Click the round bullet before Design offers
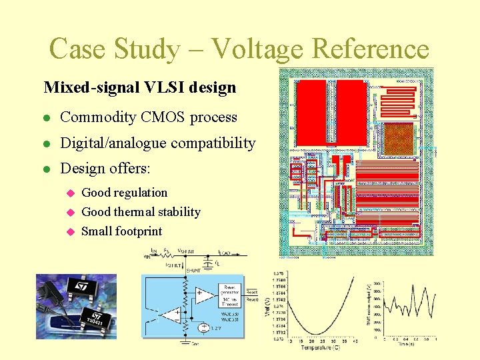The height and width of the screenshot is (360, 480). coord(45,169)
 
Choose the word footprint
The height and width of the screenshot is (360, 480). coord(139,231)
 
